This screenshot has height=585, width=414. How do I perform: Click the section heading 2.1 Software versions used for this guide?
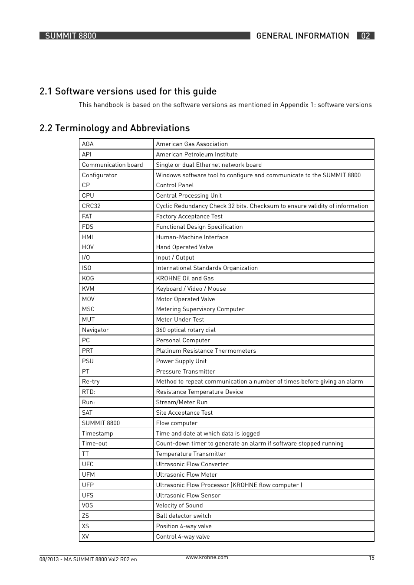[128, 91]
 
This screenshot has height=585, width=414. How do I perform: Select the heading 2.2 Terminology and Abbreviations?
[114, 128]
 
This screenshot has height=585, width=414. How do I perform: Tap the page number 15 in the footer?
[371, 558]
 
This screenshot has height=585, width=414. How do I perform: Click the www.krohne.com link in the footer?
[207, 557]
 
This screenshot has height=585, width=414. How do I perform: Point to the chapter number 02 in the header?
[365, 36]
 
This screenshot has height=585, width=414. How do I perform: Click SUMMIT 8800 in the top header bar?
[71, 36]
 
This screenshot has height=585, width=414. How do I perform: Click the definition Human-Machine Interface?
[192, 237]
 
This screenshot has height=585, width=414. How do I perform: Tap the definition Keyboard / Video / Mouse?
[191, 289]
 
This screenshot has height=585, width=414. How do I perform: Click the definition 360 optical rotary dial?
[186, 330]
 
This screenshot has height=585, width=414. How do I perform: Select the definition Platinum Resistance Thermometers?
[206, 351]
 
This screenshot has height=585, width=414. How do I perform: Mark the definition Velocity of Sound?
[179, 505]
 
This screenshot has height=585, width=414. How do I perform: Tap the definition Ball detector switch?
[184, 516]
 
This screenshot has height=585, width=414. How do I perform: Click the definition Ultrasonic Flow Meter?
[186, 474]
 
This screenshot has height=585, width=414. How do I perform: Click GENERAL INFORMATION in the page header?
[302, 36]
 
